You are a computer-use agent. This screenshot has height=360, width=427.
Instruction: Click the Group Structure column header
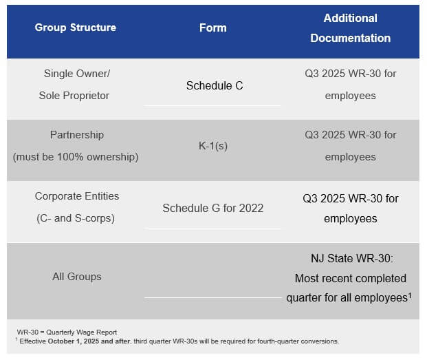click(x=76, y=28)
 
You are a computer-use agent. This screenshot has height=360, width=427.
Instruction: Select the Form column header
click(x=212, y=28)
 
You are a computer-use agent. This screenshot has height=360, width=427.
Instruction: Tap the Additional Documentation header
click(x=351, y=28)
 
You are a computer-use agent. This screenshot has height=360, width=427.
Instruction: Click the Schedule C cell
click(x=215, y=85)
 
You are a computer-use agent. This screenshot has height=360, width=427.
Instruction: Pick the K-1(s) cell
click(x=213, y=146)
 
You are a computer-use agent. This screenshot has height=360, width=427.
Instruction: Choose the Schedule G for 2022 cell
click(x=213, y=208)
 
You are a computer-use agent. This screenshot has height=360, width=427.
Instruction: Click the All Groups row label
click(x=77, y=277)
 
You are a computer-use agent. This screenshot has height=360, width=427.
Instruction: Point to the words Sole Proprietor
click(x=74, y=96)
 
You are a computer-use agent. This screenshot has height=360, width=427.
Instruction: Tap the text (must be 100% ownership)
click(x=76, y=157)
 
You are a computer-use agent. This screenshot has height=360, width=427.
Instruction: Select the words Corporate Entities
click(x=77, y=196)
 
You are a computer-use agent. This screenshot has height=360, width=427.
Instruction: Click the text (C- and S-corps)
click(x=76, y=218)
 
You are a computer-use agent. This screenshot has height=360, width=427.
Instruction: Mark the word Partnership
click(x=77, y=135)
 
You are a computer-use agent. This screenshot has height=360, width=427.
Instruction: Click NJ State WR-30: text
click(x=352, y=258)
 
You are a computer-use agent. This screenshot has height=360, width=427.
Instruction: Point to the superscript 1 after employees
click(x=410, y=295)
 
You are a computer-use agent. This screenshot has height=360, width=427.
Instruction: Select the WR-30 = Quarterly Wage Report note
click(x=67, y=332)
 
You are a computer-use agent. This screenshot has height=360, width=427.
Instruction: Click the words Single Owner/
click(x=77, y=74)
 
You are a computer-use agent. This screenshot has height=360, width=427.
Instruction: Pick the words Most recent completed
click(x=351, y=279)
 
